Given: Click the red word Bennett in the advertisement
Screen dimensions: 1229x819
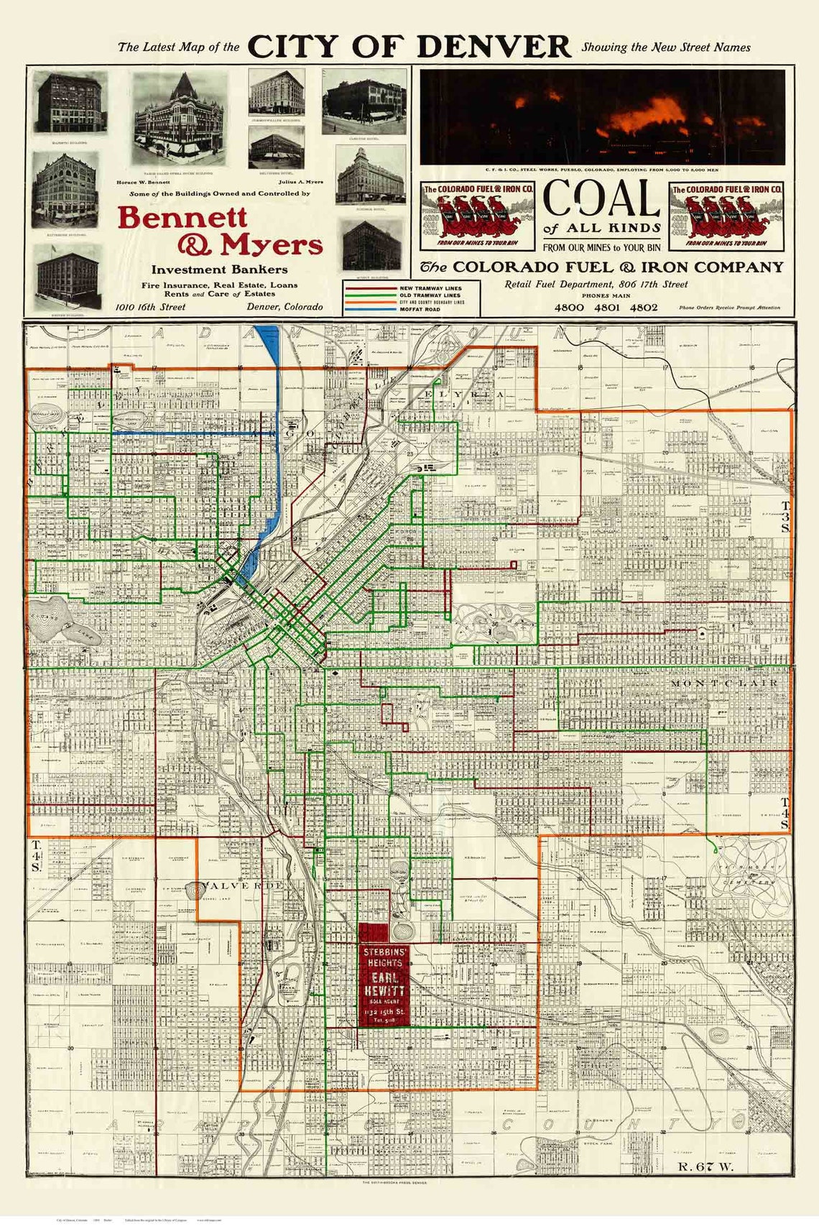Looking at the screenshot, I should (x=182, y=216).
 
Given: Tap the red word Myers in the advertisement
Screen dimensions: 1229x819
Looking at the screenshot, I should (x=272, y=245).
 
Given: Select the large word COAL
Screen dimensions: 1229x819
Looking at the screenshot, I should (x=601, y=198).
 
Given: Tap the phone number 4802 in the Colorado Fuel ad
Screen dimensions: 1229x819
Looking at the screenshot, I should (x=644, y=307).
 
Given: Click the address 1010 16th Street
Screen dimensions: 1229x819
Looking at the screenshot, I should (x=151, y=307).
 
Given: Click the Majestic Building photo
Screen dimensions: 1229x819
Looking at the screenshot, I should (x=70, y=103).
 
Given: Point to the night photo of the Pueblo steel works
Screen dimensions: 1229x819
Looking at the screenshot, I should (x=602, y=116).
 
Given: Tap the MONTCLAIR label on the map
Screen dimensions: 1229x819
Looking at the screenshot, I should (x=723, y=683).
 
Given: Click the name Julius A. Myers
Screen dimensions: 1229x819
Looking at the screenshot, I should (x=301, y=182).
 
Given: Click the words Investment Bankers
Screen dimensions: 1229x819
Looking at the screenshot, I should (x=219, y=270).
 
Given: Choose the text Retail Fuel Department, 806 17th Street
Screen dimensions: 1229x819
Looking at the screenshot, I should (x=596, y=285).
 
